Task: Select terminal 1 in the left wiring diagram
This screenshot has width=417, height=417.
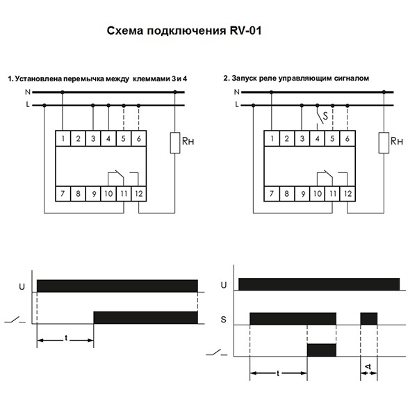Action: (63, 139)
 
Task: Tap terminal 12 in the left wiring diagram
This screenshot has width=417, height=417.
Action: (139, 193)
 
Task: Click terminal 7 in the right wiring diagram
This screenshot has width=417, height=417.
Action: (271, 193)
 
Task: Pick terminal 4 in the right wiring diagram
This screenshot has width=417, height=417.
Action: (316, 139)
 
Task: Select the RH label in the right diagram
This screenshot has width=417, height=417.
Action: (395, 141)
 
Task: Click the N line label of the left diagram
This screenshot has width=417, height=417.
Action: (27, 92)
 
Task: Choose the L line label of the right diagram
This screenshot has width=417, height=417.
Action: (236, 105)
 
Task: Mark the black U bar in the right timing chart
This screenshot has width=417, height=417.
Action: (319, 284)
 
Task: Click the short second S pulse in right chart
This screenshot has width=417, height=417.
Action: (368, 319)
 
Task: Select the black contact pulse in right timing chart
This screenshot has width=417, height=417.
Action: (321, 350)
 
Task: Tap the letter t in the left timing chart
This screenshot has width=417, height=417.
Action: (65, 337)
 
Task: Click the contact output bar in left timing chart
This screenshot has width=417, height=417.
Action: (145, 318)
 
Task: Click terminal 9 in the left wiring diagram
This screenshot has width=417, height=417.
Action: (93, 193)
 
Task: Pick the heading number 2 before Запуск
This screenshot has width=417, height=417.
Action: (226, 79)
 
